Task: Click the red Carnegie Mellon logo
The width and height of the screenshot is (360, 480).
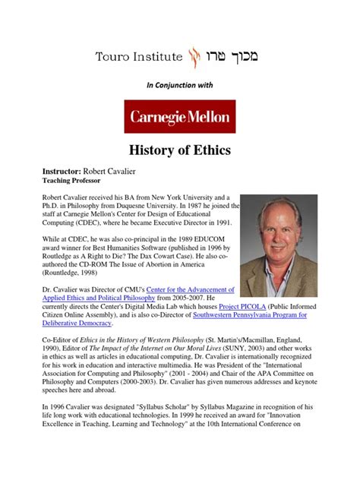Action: point(180,117)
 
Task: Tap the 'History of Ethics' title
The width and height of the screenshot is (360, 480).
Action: point(180,152)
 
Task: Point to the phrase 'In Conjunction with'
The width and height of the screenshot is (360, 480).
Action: point(180,86)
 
